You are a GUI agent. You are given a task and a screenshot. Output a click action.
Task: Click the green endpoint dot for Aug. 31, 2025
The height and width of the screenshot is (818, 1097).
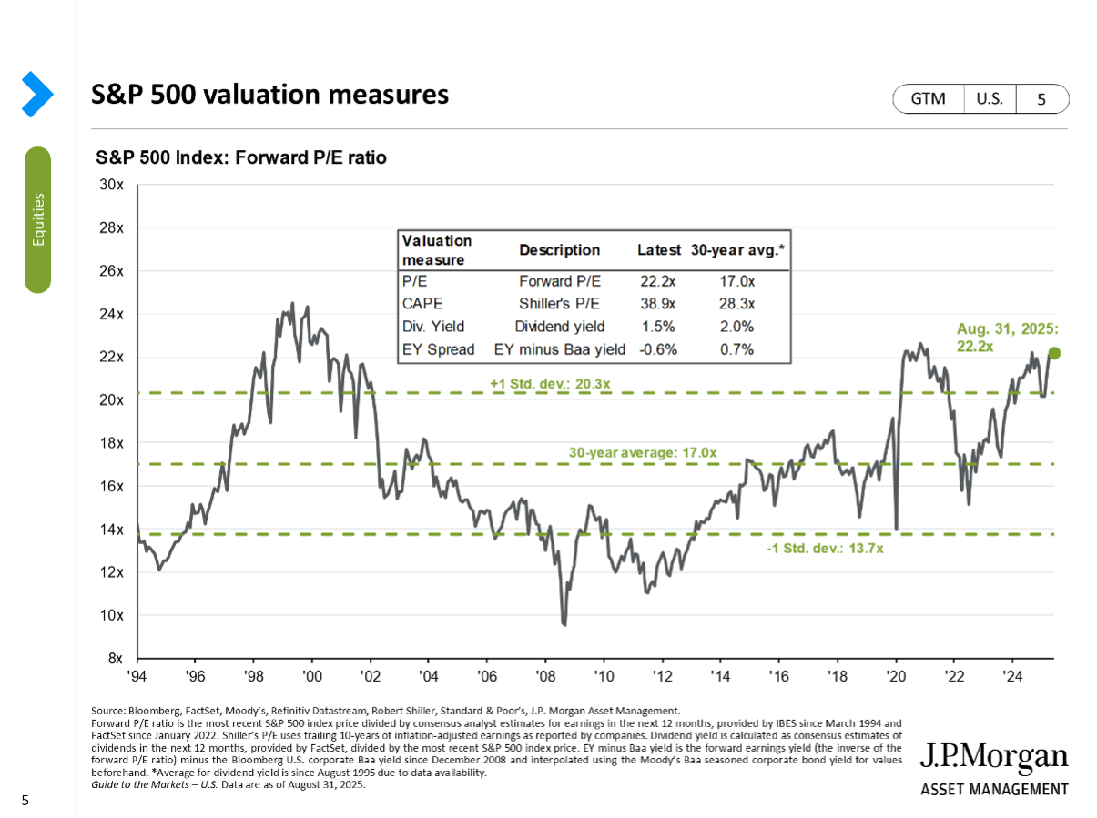coord(1054,353)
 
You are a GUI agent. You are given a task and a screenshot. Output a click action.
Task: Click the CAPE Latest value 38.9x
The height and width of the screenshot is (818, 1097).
coord(658,304)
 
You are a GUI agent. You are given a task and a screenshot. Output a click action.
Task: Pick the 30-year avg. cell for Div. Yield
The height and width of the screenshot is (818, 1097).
coord(736,327)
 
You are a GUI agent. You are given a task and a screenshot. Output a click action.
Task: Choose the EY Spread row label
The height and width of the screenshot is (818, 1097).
coord(439,349)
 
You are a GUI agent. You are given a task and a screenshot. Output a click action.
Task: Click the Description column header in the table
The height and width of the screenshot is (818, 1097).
coord(559,250)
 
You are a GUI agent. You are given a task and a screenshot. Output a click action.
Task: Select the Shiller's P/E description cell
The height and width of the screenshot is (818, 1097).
coord(559,304)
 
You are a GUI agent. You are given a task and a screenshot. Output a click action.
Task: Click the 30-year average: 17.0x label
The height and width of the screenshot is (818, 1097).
coord(643,452)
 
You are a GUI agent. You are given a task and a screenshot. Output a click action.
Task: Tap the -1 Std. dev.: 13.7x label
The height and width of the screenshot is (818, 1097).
coord(825,549)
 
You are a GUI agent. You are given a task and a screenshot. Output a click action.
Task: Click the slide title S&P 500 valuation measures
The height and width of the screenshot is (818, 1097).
coord(270,95)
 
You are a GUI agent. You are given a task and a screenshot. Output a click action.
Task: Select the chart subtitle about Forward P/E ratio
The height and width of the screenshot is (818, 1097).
coord(241,158)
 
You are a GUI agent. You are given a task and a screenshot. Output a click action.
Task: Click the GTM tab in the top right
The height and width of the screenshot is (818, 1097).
coord(929,99)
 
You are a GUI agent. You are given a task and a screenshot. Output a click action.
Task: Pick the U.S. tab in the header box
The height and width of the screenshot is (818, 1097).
coord(990,99)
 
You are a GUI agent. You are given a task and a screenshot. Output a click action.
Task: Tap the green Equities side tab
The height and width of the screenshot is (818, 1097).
coord(37,219)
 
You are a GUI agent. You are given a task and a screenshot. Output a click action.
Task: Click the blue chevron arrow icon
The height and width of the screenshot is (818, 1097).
coord(37,94)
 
